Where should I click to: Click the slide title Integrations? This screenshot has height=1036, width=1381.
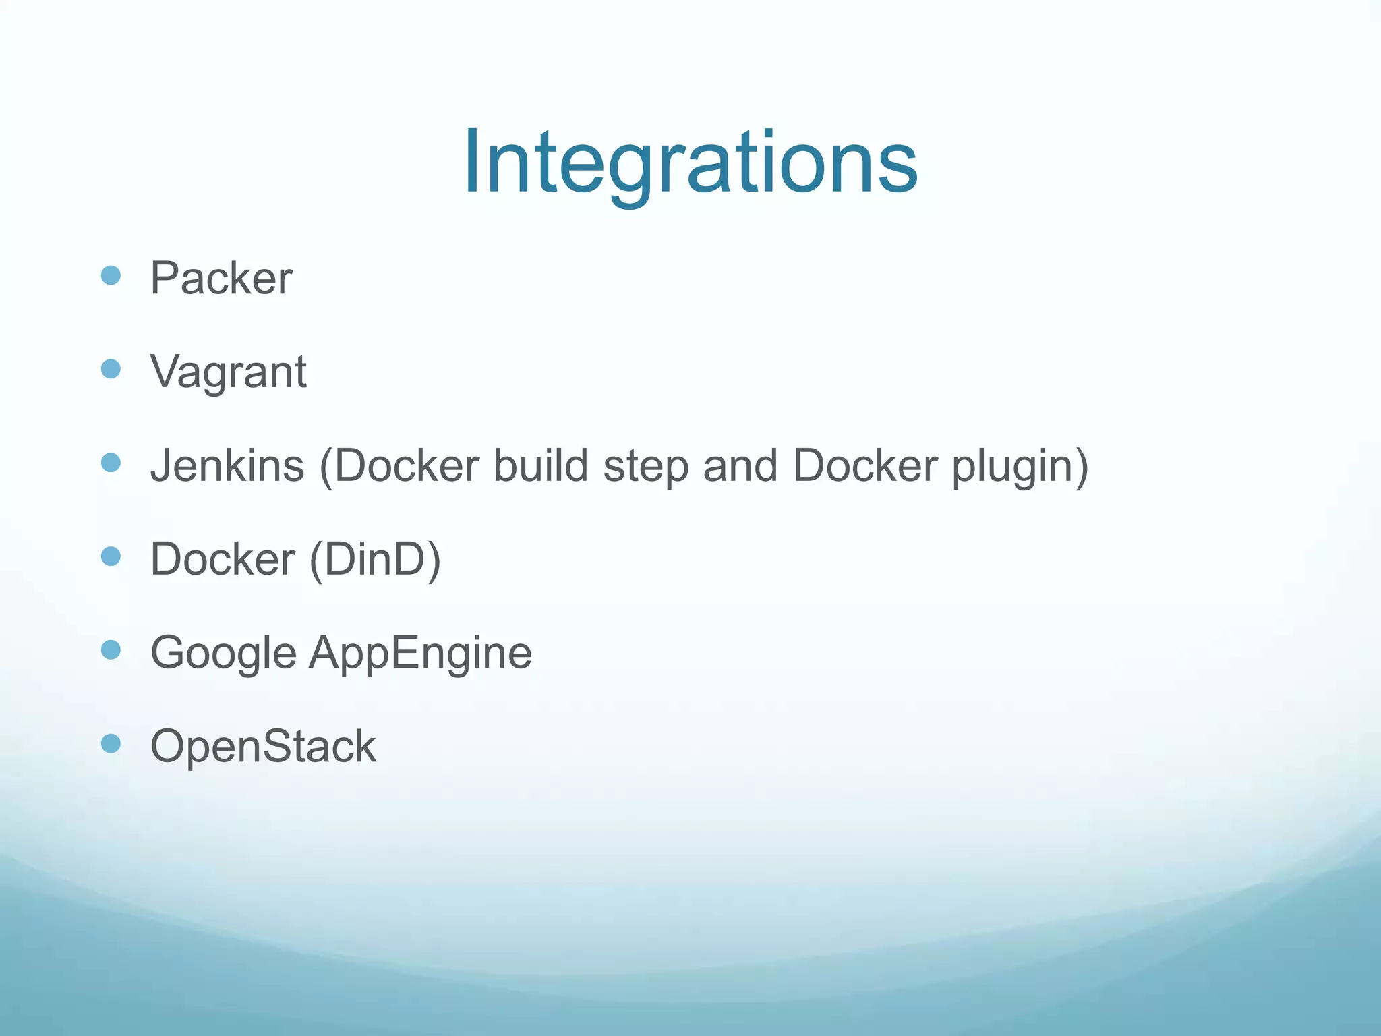[690, 163]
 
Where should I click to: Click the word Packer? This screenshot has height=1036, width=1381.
[221, 278]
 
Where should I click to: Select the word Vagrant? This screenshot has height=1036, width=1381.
[229, 372]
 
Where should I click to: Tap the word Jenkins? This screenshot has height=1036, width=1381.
[227, 465]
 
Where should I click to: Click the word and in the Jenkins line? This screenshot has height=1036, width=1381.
[740, 465]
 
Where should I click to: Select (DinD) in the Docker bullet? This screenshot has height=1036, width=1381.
[375, 559]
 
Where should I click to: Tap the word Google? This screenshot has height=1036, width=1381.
[223, 653]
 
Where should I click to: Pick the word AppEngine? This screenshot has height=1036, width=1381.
[420, 653]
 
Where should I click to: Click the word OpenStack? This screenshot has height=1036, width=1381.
[263, 747]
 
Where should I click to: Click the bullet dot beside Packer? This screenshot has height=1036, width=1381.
[111, 275]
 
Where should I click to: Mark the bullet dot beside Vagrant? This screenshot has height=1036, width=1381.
[111, 369]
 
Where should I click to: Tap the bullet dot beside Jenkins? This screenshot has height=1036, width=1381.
[111, 463]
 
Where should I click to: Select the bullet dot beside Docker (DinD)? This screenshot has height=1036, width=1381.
[111, 556]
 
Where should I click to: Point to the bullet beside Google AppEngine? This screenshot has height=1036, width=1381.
[111, 650]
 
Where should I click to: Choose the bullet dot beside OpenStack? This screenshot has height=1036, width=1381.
[111, 743]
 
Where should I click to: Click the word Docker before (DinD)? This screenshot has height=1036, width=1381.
[223, 559]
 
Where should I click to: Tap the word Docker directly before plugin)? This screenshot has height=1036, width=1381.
[865, 465]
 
